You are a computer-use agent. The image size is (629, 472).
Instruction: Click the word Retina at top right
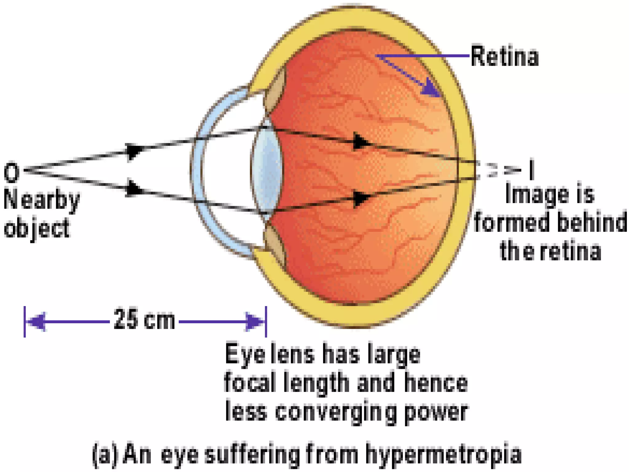tap(505, 57)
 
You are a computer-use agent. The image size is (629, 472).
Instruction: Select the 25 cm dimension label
tap(144, 320)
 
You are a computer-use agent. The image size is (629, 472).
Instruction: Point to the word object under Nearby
tap(37, 228)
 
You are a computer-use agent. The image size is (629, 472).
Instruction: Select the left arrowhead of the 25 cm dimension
tap(37, 322)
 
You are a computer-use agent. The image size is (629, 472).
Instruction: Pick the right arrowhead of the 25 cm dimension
tap(254, 322)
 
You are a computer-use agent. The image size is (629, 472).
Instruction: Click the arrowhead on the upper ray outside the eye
tap(134, 151)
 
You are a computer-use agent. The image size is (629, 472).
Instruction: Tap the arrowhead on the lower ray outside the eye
tap(134, 188)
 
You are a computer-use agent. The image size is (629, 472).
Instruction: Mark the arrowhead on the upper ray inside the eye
tap(361, 142)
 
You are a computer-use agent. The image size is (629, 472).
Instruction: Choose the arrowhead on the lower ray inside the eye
tap(361, 198)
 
